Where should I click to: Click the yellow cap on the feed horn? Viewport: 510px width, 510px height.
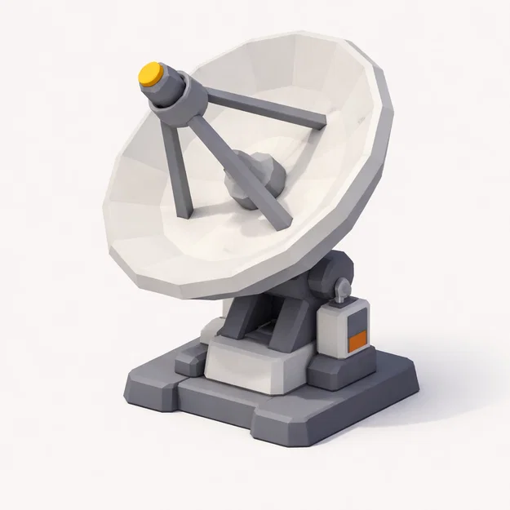tap(149, 74)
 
